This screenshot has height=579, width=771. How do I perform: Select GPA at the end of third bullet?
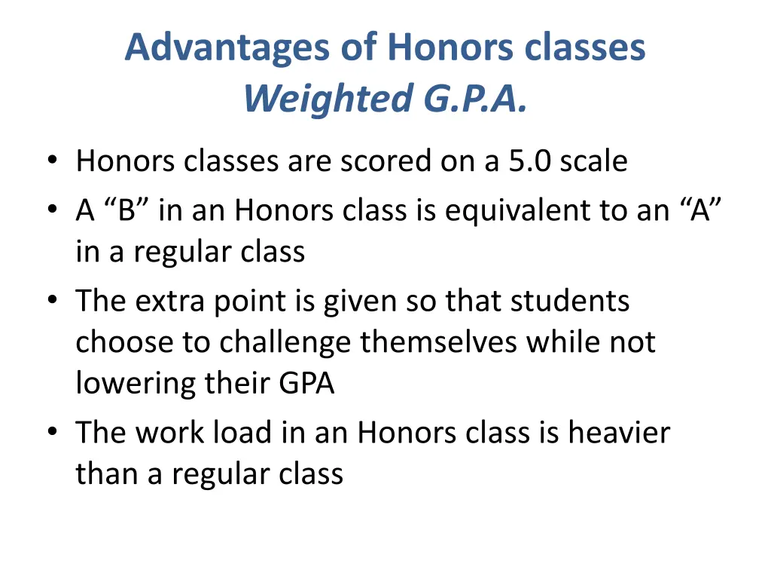click(306, 384)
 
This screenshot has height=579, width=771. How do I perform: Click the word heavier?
click(619, 433)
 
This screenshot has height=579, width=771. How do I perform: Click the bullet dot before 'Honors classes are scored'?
click(51, 161)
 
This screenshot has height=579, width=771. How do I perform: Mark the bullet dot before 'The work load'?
click(51, 433)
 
